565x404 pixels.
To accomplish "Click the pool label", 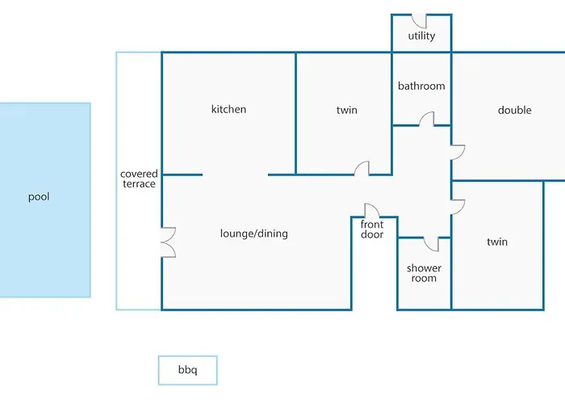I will (39, 196).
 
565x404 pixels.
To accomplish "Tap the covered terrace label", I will (139, 179).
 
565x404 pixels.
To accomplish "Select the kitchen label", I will (228, 109).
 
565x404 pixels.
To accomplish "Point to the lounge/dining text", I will (253, 234).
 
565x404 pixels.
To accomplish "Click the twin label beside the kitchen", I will (346, 110).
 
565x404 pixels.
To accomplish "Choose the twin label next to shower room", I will (497, 242).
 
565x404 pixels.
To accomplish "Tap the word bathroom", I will (421, 86).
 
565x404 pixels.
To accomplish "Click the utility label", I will (421, 36).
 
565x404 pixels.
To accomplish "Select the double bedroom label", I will (514, 110).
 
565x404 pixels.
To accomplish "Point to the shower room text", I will (424, 273).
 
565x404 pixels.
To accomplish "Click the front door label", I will (372, 229).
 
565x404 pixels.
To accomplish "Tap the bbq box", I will (187, 371).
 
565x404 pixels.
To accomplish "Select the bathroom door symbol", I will (426, 120).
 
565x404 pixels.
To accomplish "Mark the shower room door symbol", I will (430, 243).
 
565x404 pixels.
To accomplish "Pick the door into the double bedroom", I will (457, 151).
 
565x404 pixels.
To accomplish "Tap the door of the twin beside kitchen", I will (362, 168).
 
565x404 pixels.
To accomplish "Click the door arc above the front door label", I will (372, 210).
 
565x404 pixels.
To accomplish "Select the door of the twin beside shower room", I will (457, 206).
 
